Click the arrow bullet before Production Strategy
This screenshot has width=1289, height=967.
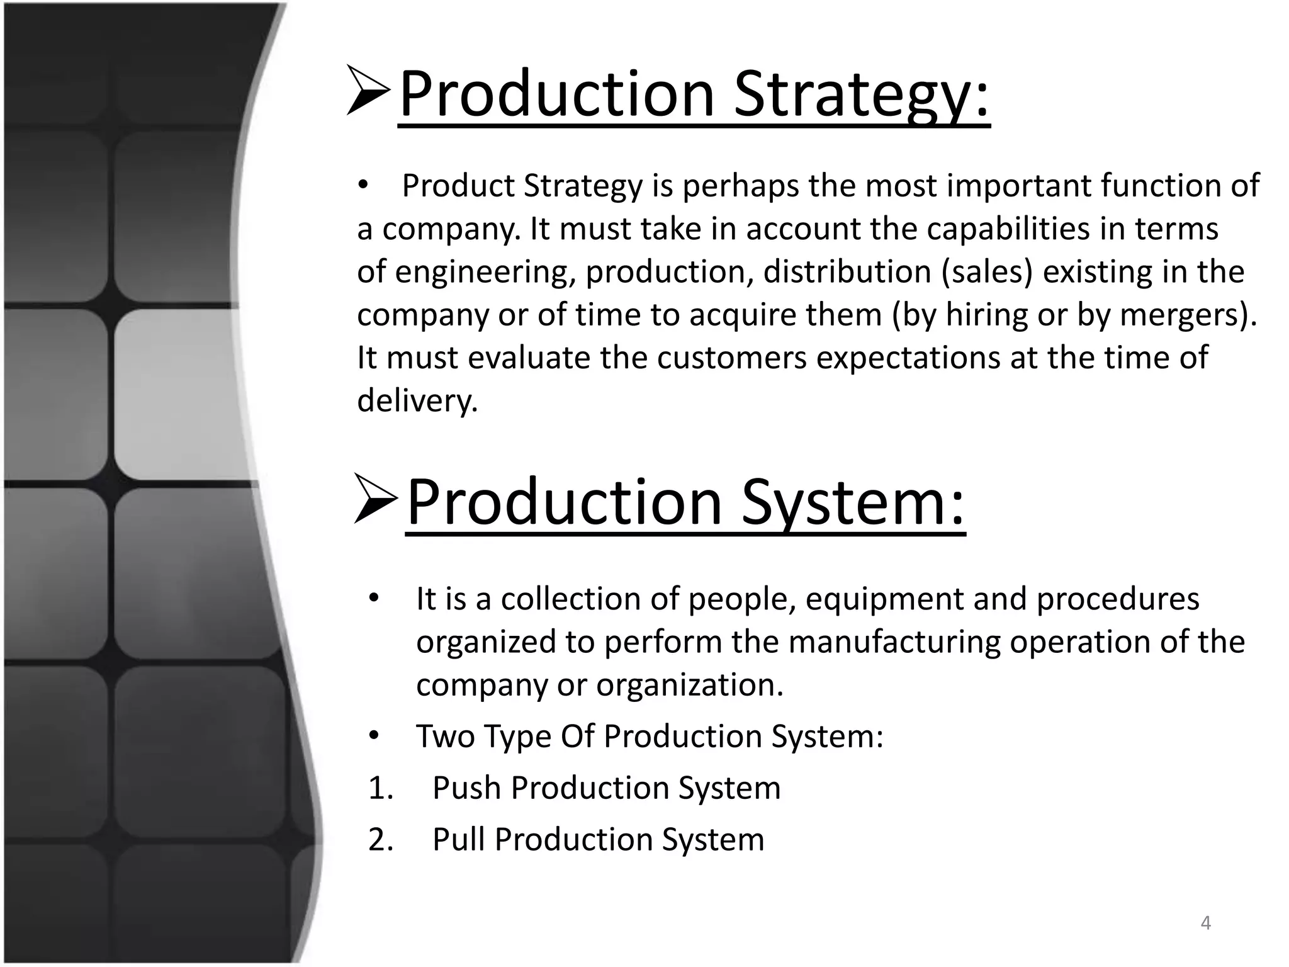368,92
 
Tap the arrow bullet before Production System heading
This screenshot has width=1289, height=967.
376,499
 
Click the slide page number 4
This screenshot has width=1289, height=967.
1206,923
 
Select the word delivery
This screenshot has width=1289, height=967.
417,400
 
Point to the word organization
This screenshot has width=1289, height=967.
689,685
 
